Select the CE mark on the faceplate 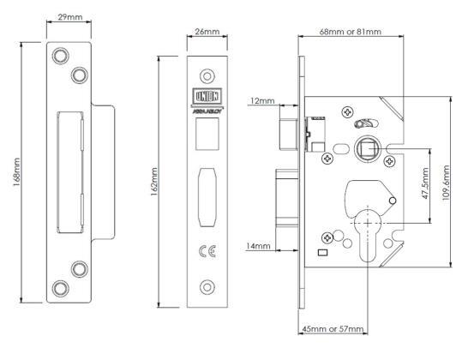[207, 252]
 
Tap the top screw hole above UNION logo [207, 74]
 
